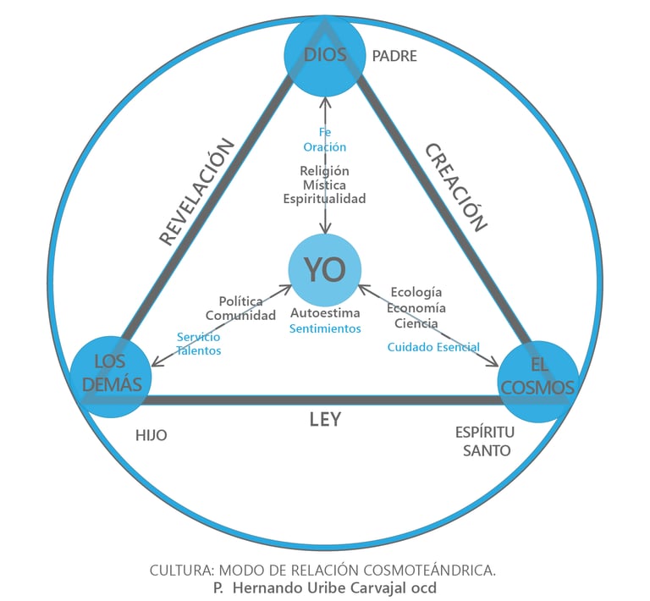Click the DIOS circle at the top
(325, 57)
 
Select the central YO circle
(325, 270)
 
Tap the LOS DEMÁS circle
(111, 373)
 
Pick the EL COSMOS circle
(538, 378)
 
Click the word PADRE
(394, 57)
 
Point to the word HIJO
(151, 435)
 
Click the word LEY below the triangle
(324, 419)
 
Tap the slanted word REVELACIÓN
(196, 191)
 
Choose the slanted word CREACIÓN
(456, 187)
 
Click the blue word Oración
(325, 146)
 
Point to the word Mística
(325, 185)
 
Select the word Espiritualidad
(325, 199)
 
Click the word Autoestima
(325, 313)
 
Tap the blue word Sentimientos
(325, 328)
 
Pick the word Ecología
(416, 293)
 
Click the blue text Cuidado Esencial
(433, 347)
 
